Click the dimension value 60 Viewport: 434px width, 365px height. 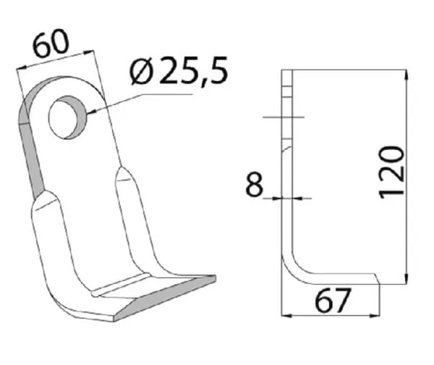point(51,43)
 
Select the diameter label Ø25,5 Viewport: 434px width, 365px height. point(179,70)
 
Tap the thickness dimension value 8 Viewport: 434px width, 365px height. point(254,184)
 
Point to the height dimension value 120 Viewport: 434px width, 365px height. point(392,172)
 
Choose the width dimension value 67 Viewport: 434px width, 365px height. point(333,301)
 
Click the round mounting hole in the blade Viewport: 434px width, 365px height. point(67,117)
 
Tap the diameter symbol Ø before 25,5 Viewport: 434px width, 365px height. point(141,72)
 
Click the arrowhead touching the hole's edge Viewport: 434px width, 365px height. point(91,112)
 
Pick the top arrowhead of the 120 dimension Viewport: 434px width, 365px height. point(406,75)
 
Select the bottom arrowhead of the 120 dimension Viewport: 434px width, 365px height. point(406,278)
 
